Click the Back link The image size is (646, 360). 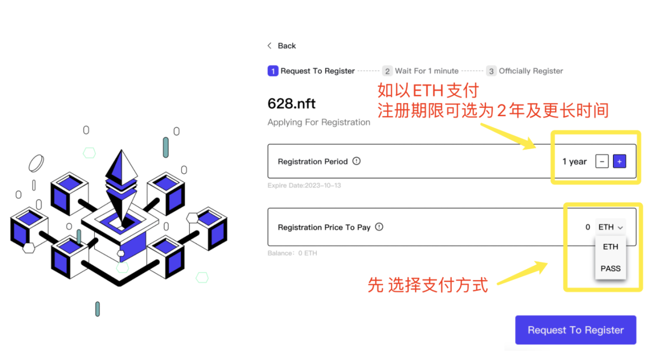point(282,46)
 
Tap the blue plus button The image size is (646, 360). point(619,161)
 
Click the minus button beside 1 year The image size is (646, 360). point(602,161)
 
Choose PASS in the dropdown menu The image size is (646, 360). point(610,269)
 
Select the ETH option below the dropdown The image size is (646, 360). point(610,247)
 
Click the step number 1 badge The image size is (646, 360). point(272,71)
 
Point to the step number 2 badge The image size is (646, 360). point(387,71)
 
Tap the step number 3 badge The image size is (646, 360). point(491,71)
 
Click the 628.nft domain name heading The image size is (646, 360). point(292,104)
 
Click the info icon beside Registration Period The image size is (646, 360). point(357,161)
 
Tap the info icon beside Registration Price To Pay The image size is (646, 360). point(379,227)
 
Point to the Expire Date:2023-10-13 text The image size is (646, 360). point(304,186)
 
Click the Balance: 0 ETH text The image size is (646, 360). point(292,253)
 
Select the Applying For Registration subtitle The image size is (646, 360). point(319,122)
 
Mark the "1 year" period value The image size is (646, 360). point(574,161)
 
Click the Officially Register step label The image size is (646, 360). point(531,71)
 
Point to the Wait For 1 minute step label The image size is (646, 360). point(427,71)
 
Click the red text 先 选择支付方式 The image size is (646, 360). point(428,285)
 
